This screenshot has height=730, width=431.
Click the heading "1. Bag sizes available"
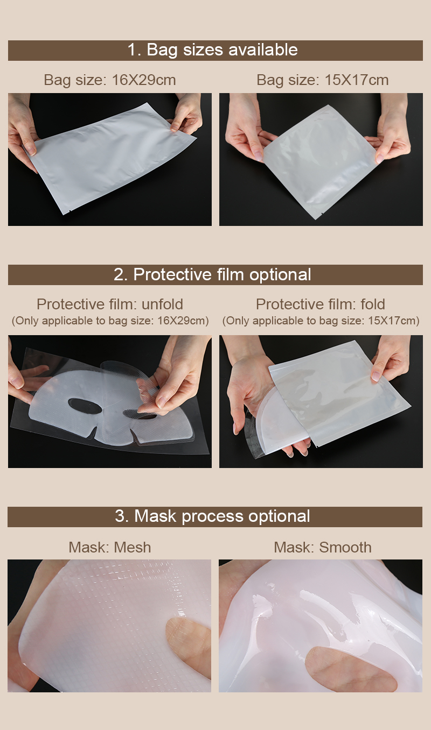[212, 50]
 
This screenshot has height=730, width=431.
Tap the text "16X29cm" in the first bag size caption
[144, 80]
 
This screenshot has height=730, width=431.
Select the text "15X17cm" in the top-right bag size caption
[356, 80]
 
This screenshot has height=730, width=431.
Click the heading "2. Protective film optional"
[212, 274]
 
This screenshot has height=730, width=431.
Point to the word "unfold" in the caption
[161, 304]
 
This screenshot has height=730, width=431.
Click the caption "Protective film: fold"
[320, 304]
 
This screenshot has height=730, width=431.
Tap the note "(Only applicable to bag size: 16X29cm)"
[110, 321]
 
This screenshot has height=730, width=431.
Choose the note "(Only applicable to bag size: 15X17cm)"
[321, 321]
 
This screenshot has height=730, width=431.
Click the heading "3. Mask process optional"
[212, 516]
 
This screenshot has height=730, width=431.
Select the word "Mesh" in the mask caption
[132, 547]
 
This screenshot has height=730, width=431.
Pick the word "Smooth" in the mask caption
[345, 547]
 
